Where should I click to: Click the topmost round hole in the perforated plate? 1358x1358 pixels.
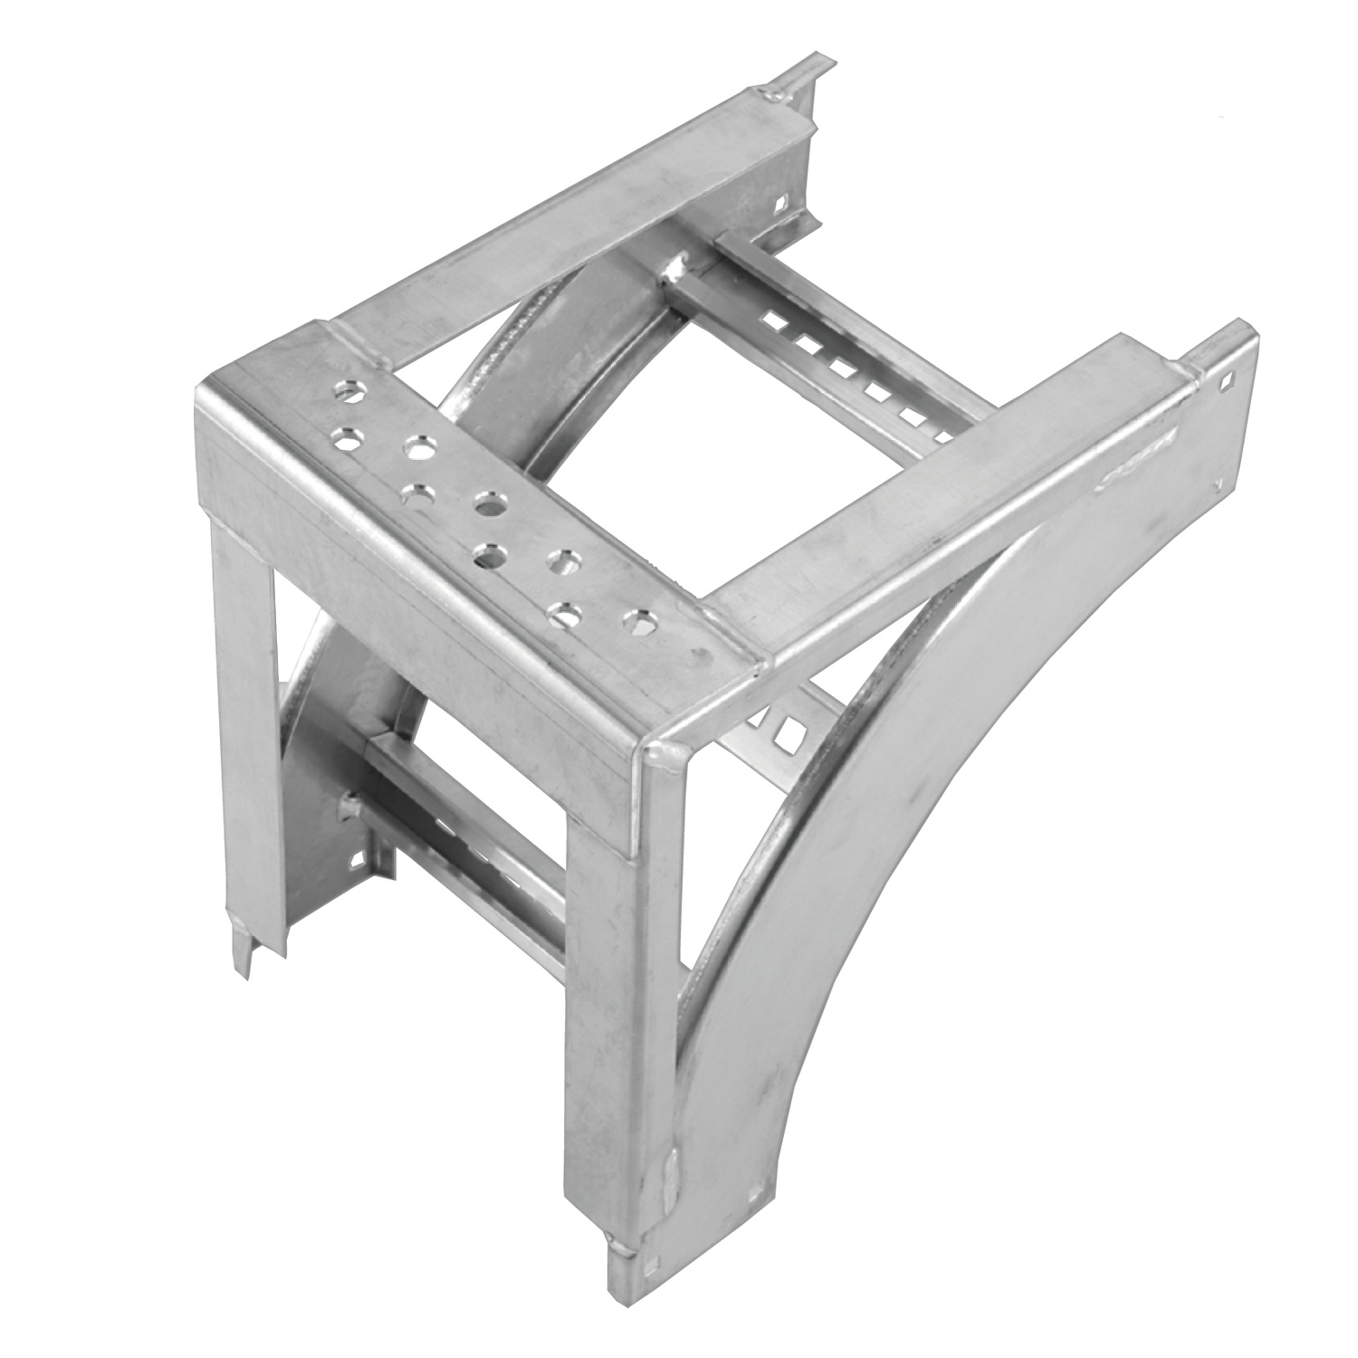pyautogui.click(x=348, y=393)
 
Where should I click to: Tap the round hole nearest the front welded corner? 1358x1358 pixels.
pyautogui.click(x=636, y=623)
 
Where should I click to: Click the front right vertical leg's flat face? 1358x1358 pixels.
pyautogui.click(x=616, y=1041)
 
